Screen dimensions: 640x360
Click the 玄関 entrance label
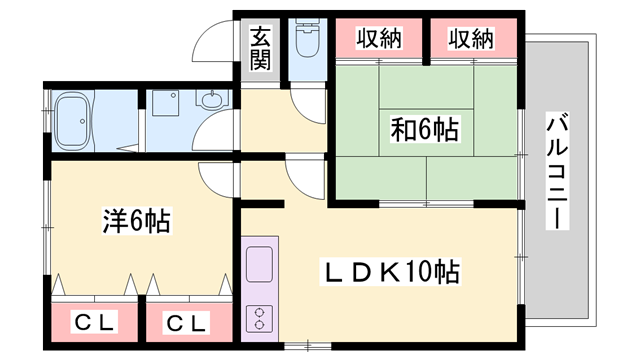click(260, 48)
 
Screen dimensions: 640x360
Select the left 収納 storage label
click(377, 39)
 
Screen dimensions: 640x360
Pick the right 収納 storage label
click(471, 39)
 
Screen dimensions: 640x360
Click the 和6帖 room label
click(424, 129)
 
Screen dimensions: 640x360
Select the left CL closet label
click(96, 323)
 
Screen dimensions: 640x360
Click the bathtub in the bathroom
click(74, 119)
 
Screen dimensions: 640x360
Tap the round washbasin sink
click(212, 100)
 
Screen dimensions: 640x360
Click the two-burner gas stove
click(258, 319)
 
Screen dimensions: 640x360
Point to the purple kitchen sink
click(259, 266)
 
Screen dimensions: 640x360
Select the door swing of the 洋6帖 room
click(217, 175)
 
